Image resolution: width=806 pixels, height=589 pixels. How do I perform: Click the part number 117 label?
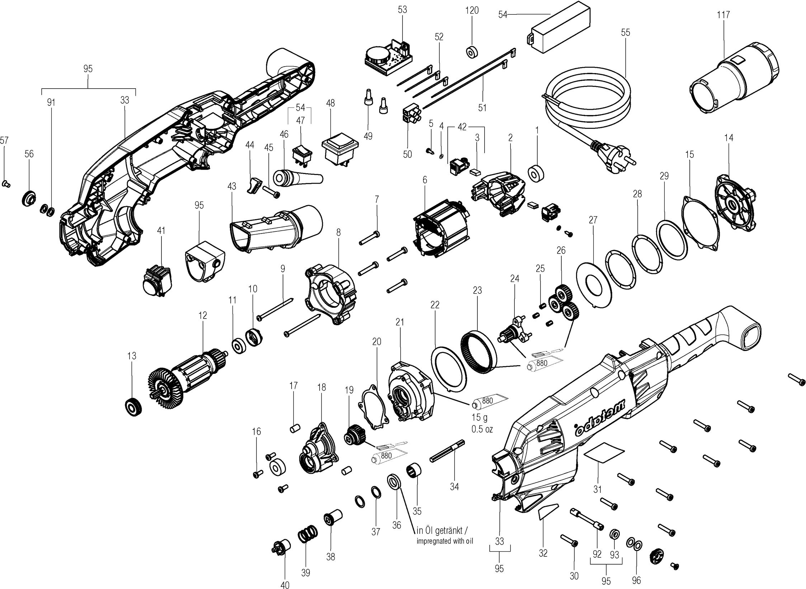click(x=723, y=15)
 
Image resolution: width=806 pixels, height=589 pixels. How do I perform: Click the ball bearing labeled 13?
click(x=133, y=407)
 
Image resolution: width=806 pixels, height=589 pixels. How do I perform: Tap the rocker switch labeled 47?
click(x=303, y=156)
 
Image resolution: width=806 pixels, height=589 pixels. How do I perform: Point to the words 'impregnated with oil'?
click(x=445, y=541)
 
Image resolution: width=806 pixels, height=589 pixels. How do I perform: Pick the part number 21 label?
click(x=400, y=322)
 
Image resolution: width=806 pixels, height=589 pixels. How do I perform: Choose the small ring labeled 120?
click(x=471, y=52)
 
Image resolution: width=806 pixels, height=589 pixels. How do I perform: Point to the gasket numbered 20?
click(x=374, y=406)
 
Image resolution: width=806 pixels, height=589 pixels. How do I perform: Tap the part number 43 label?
click(x=232, y=187)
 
